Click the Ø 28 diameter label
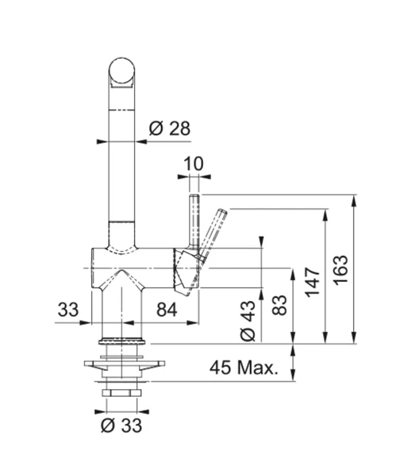[169, 128]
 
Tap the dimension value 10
[194, 164]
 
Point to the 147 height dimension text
[312, 280]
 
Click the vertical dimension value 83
[279, 306]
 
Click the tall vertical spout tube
[121, 159]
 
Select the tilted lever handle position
[213, 230]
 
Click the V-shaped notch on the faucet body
[121, 278]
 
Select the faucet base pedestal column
[121, 314]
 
